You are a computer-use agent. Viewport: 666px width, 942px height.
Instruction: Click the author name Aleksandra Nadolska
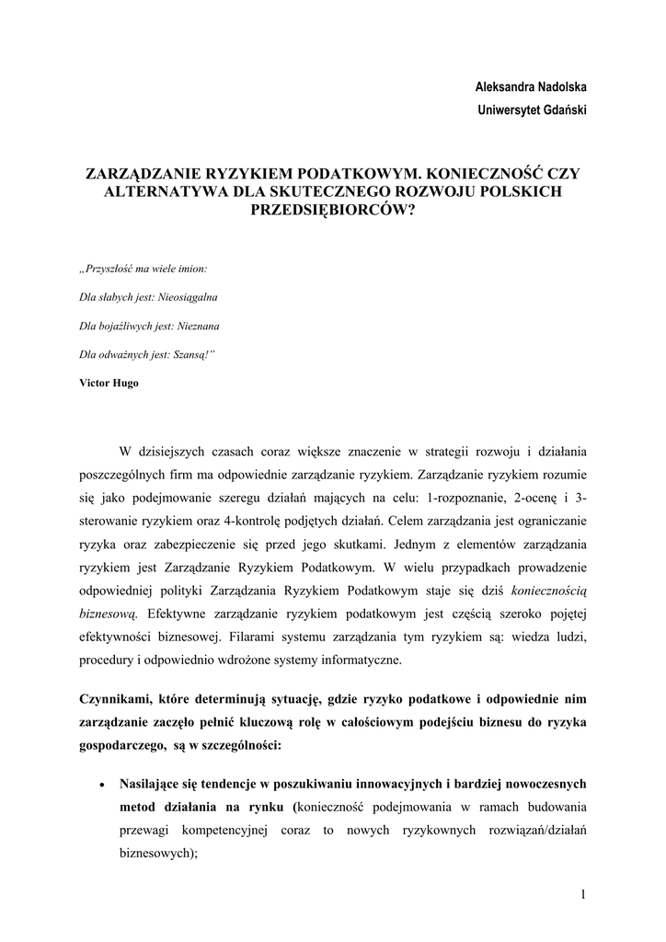coord(531,86)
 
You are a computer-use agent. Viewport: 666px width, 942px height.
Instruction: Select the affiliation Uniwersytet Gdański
coord(533,110)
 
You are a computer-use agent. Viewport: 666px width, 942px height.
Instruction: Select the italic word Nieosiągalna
coord(189,297)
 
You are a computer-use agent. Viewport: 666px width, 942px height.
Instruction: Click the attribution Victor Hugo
coord(109,383)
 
